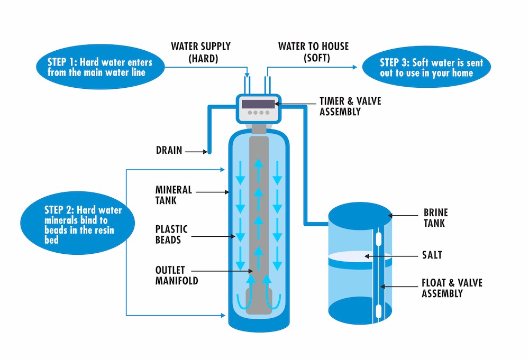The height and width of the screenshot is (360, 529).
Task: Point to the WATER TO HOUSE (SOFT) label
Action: (x=313, y=52)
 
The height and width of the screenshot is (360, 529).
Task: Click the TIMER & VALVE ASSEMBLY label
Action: (x=350, y=106)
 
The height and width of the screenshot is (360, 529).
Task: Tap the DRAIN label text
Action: (x=169, y=151)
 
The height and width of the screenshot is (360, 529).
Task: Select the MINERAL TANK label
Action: (x=174, y=195)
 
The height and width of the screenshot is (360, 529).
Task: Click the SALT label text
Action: (x=432, y=255)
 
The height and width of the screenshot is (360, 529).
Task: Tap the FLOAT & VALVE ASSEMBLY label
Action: (x=452, y=288)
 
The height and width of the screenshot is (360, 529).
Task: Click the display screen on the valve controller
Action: (x=258, y=104)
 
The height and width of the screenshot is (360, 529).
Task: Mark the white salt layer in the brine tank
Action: (x=360, y=257)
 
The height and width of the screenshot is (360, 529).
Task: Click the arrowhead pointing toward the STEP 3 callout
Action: (x=355, y=68)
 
